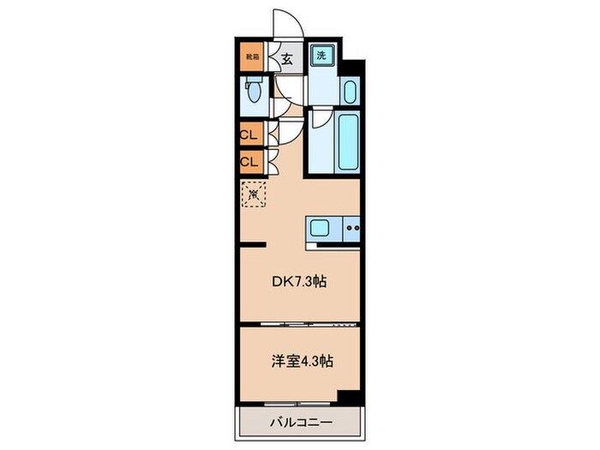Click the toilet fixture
[252, 91]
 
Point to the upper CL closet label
[249, 135]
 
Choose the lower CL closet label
[249, 160]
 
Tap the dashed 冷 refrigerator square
[254, 195]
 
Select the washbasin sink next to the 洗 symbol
[349, 91]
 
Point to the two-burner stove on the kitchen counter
[351, 228]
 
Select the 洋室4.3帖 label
[298, 362]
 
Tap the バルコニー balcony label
[297, 422]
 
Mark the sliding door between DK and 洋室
[297, 324]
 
